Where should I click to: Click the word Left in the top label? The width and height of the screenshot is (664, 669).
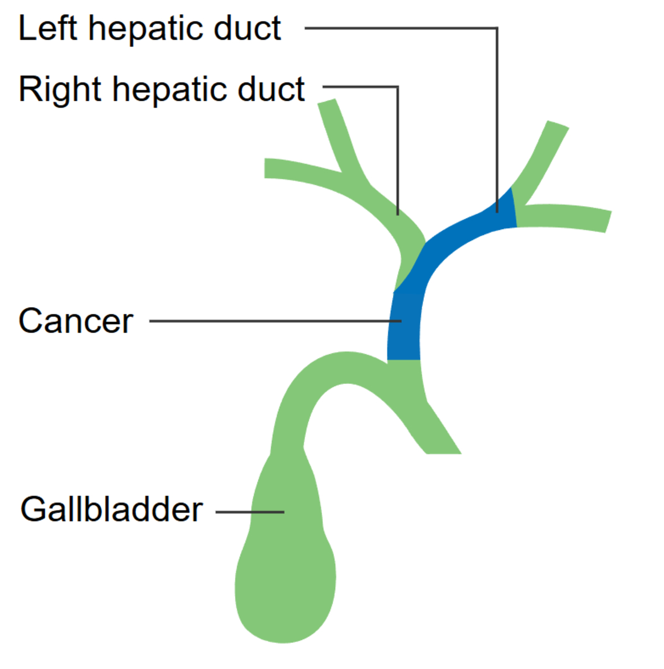tap(48, 29)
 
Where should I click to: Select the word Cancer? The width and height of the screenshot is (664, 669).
tap(76, 321)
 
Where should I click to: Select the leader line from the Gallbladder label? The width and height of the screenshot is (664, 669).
tap(249, 512)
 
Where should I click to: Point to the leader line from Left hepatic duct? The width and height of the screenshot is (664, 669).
tap(496, 111)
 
